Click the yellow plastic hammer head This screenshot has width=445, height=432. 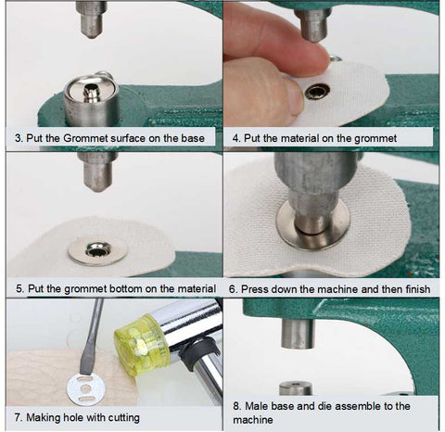tap(142, 344)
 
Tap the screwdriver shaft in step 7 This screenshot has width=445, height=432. tap(92, 337)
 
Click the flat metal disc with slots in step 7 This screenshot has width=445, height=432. tap(85, 388)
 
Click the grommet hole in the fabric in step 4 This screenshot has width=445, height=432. tap(316, 92)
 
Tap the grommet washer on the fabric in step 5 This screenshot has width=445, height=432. tap(97, 250)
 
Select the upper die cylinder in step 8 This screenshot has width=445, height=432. tap(298, 333)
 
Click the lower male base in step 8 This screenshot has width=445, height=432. tap(295, 388)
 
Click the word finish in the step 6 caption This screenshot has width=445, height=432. tap(417, 289)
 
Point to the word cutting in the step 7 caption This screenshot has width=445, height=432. tap(122, 418)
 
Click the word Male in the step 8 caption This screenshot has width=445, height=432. tap(254, 406)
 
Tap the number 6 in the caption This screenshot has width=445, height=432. tap(233, 289)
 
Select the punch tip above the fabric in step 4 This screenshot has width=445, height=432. tap(312, 25)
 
